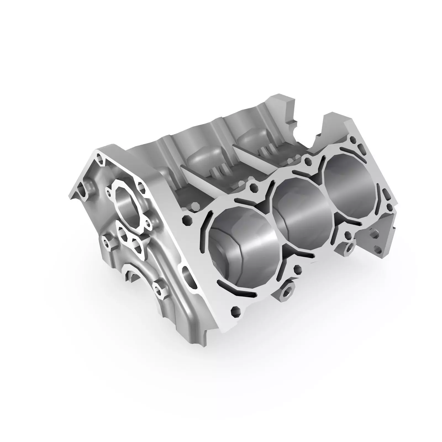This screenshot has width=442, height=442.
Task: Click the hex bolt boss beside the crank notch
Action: [158, 290]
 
